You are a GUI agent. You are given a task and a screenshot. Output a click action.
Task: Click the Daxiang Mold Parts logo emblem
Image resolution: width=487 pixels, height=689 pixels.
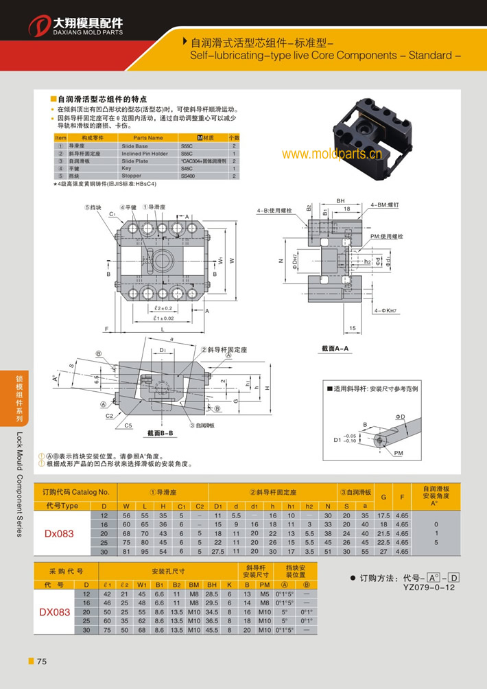[x=40, y=26]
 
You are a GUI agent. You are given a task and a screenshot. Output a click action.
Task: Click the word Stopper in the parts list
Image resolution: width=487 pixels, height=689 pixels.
[x=131, y=176]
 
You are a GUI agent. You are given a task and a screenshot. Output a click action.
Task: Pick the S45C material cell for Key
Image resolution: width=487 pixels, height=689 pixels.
[x=188, y=168]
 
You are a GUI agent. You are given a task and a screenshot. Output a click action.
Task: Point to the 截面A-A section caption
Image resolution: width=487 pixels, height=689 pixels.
[x=335, y=349]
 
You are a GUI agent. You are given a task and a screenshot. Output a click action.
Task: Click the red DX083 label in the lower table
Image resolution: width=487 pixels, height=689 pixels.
[x=56, y=611]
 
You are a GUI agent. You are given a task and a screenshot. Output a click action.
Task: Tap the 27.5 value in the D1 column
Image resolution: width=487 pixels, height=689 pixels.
[x=217, y=551]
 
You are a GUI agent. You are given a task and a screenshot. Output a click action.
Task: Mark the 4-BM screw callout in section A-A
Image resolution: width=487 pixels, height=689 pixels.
[x=385, y=205]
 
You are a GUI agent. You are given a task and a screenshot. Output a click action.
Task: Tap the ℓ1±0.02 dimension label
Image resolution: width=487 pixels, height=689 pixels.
[x=164, y=318]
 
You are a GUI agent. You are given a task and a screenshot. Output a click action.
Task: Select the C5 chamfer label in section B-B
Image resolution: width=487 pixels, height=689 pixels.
[x=128, y=425]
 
